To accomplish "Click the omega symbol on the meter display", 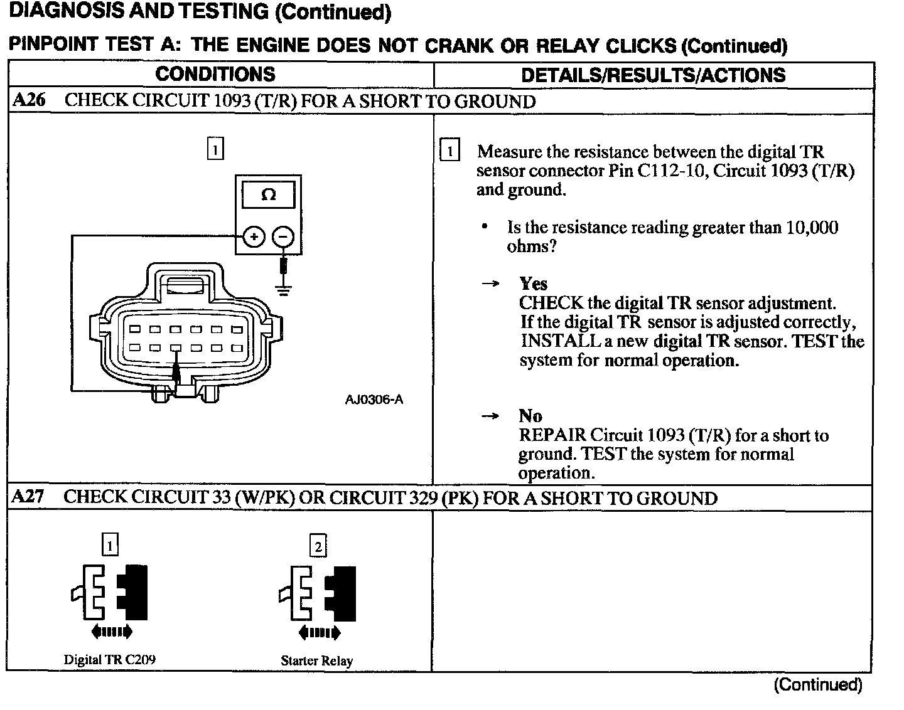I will tap(268, 195).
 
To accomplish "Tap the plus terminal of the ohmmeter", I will tap(254, 237).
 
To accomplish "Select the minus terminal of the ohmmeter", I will tap(283, 237).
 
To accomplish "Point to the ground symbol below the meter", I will tap(284, 290).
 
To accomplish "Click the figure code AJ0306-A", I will tap(374, 400).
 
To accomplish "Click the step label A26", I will tap(29, 101).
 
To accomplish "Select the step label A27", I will tap(28, 497).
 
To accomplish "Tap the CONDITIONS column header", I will tap(215, 75).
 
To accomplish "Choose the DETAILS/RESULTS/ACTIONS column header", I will tap(653, 75).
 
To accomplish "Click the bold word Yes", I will tap(533, 283).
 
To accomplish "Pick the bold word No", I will tap(530, 416).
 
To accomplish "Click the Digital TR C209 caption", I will tap(110, 660).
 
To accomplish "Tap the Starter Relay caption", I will tap(316, 660).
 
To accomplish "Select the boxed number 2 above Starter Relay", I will tap(318, 547).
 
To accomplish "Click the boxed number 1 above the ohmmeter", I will tap(215, 149).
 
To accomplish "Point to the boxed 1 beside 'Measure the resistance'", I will tap(450, 151).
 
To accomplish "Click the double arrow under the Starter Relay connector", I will tap(320, 632).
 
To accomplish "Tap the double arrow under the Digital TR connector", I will tap(112, 631).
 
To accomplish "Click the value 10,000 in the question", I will tap(811, 227).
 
